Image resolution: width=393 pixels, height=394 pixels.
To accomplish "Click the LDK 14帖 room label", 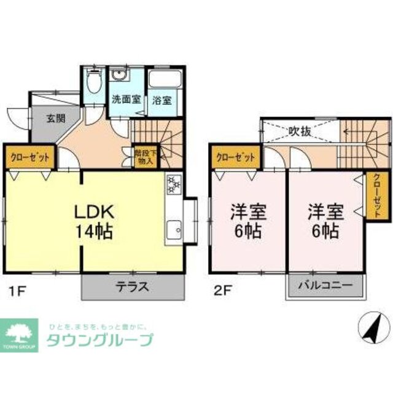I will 93,222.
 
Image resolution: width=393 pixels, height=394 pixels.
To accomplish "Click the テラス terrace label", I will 133,286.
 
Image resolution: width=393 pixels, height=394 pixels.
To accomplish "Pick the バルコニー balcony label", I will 325,286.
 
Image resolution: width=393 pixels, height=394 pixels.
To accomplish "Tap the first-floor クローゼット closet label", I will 29,157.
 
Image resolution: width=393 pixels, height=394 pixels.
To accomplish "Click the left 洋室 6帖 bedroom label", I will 248,222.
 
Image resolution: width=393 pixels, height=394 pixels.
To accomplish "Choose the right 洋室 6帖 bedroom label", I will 325,222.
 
